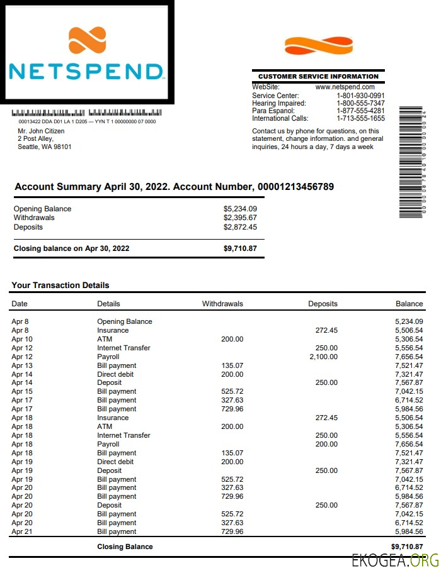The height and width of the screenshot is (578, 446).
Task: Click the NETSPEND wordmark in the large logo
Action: click(x=86, y=70)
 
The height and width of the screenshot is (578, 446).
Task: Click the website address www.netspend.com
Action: click(x=345, y=87)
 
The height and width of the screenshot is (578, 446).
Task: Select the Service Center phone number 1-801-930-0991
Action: click(x=360, y=96)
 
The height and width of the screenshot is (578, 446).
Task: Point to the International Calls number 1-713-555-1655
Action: click(x=360, y=118)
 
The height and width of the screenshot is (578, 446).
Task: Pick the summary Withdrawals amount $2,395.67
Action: click(x=240, y=218)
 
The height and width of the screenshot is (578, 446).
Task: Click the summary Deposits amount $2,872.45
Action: click(x=240, y=227)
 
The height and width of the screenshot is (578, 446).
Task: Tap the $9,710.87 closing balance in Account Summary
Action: click(x=240, y=248)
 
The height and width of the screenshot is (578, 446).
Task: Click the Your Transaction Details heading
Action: click(x=60, y=285)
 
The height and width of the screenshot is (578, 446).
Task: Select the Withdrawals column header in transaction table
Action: click(x=222, y=304)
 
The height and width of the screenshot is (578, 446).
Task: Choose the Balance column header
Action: click(x=409, y=304)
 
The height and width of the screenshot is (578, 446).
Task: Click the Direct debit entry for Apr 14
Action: click(x=115, y=374)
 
